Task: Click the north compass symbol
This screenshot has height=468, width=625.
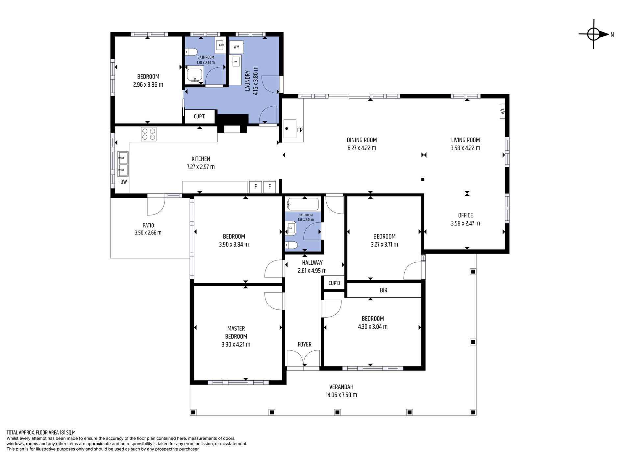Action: (x=594, y=34)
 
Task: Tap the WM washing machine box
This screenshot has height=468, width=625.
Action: (x=236, y=47)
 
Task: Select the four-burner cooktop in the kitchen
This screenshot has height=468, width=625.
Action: (x=149, y=134)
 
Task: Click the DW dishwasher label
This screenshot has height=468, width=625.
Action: (x=124, y=182)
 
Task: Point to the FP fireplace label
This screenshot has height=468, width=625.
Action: (x=300, y=130)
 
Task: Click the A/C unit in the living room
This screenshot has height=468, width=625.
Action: (x=502, y=111)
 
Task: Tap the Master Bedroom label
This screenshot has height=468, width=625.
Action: (x=236, y=332)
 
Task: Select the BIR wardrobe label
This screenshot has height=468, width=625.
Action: (x=384, y=290)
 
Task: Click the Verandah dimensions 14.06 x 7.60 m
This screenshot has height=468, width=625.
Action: (x=341, y=395)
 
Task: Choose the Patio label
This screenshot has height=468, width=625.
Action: (x=148, y=226)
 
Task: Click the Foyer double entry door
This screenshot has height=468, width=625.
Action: (x=303, y=358)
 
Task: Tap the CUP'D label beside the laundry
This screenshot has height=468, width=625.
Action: (x=200, y=117)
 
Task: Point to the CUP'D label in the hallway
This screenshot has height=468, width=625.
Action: (x=334, y=283)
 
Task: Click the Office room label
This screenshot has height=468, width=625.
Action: (x=465, y=215)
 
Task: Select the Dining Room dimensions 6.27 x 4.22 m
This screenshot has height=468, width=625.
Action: (x=362, y=148)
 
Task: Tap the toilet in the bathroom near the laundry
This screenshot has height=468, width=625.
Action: (x=191, y=52)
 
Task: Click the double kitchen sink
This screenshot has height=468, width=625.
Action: (x=123, y=164)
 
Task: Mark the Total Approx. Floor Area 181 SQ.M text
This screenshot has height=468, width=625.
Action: (x=41, y=433)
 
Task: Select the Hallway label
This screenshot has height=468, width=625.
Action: (x=312, y=263)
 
